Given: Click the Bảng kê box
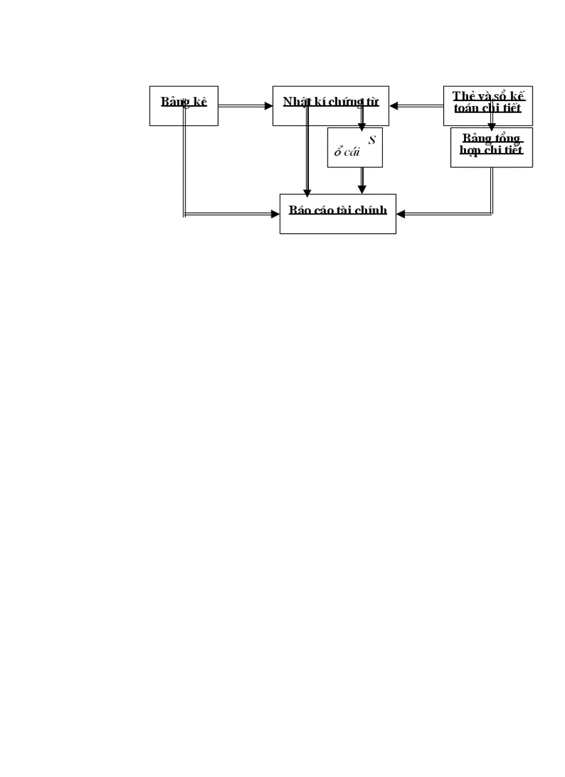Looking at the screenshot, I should point(183,105).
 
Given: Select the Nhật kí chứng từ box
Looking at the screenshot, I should point(330,105).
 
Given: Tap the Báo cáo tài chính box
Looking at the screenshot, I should point(337,214).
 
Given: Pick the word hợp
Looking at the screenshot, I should point(472,150).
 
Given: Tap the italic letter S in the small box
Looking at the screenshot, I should point(372,140).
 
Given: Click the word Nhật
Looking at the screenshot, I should point(296,102).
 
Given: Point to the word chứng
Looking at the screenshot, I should point(349,102).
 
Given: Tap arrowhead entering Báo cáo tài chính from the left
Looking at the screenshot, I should point(275,214).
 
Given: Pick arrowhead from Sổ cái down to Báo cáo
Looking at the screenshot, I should point(361,190).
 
